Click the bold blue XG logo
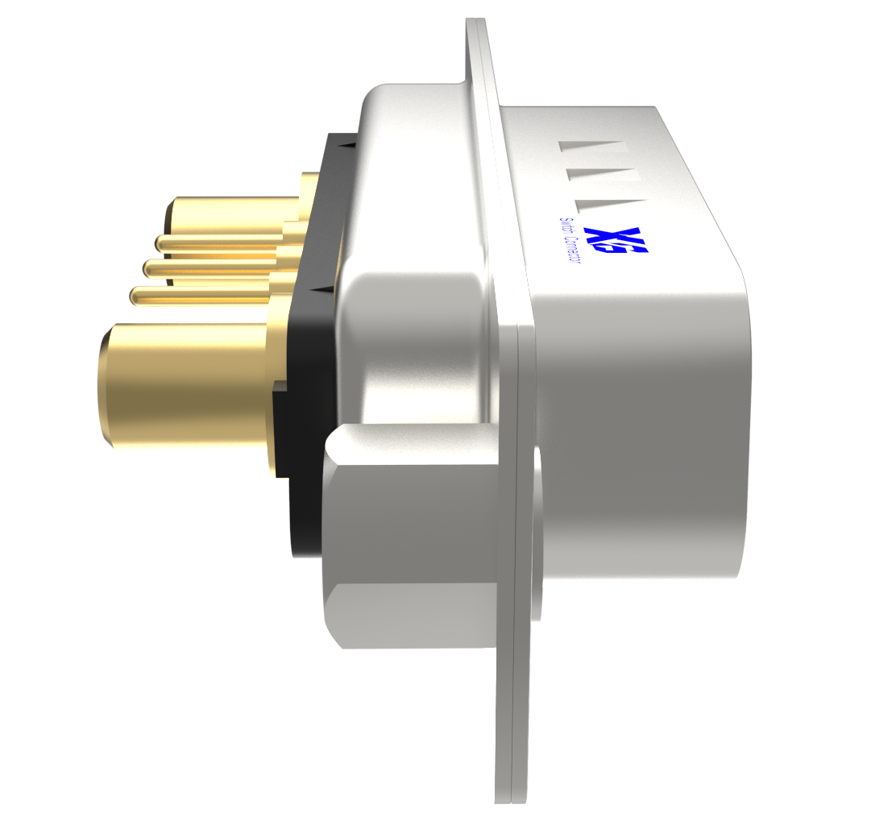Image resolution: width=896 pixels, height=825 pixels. tap(617, 243)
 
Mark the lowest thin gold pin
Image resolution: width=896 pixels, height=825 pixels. tap(201, 295)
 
